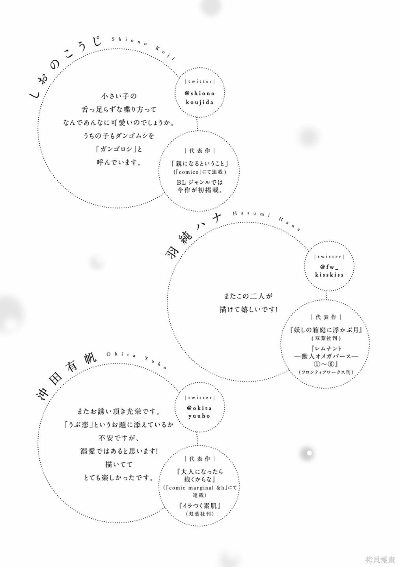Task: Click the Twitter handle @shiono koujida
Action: [x=200, y=98]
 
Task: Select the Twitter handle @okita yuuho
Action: [x=199, y=412]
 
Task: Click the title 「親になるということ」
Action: [x=199, y=163]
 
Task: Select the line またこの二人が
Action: [x=248, y=296]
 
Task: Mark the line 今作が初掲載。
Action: [x=199, y=190]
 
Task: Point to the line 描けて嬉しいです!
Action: [x=248, y=309]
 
